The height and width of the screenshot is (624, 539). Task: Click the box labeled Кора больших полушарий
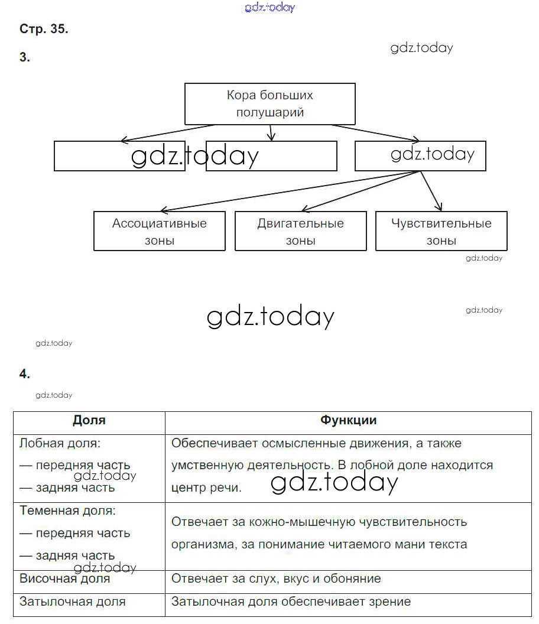(270, 103)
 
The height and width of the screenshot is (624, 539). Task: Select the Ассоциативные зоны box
(160, 231)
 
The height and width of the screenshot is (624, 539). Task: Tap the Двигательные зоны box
(300, 231)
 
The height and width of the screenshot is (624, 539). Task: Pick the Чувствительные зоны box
(441, 231)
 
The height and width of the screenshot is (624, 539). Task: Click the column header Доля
(89, 420)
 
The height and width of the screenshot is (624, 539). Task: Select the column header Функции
(348, 420)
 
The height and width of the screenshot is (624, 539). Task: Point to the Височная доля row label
(65, 578)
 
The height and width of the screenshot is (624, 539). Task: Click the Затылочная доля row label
(73, 602)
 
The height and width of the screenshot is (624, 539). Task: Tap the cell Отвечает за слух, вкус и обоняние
(276, 578)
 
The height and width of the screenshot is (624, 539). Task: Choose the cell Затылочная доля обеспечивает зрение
(291, 602)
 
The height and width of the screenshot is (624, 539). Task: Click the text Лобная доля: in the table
(60, 443)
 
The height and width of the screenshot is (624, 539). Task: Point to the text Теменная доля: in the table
(67, 510)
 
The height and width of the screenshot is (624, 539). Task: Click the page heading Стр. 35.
(44, 29)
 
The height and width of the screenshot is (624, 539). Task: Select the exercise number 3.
(24, 57)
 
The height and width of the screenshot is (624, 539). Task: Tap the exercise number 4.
(24, 373)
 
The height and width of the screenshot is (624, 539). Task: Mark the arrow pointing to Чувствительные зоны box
(431, 191)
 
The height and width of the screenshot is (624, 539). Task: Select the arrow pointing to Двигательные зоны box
(361, 190)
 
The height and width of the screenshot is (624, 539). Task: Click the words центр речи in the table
(206, 488)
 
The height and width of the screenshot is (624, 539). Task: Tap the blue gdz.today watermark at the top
(269, 8)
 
